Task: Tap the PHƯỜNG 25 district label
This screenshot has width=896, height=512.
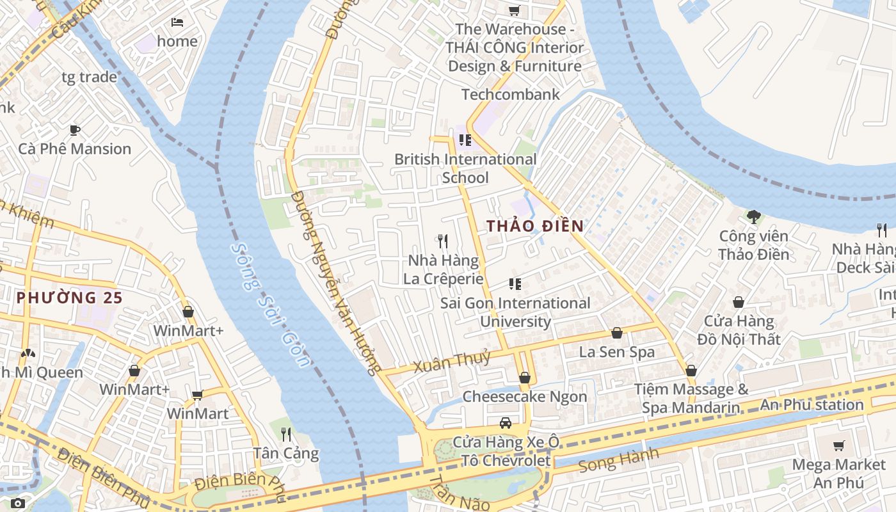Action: (x=69, y=298)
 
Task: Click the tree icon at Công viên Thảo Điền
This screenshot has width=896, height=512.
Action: (x=753, y=217)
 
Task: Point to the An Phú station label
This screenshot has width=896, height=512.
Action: (x=812, y=404)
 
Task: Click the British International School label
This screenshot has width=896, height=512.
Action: (x=465, y=168)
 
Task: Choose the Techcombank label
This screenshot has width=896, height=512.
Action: (x=511, y=95)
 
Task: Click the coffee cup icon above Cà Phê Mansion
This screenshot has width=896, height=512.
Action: (x=75, y=131)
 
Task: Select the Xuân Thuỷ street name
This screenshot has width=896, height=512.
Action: (x=452, y=362)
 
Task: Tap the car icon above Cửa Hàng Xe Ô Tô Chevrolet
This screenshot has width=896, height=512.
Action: (x=506, y=423)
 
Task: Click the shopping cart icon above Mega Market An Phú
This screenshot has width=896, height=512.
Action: (x=838, y=445)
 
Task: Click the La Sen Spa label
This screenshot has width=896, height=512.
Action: (x=617, y=352)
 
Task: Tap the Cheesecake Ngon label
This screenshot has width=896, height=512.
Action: (x=524, y=397)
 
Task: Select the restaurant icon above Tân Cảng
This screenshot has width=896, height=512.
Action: (x=286, y=435)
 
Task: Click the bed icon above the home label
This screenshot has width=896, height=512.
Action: (x=177, y=22)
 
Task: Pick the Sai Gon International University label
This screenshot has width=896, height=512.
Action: (x=515, y=312)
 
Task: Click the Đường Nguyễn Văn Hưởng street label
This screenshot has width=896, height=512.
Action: (x=335, y=282)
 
